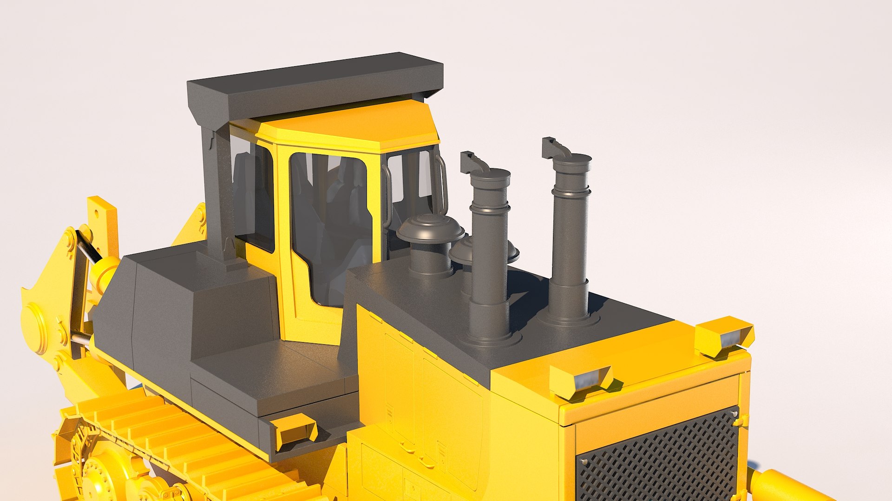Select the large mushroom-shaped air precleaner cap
click(430, 227)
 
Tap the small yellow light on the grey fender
click(295, 429)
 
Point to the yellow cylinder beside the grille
click(780, 487)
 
